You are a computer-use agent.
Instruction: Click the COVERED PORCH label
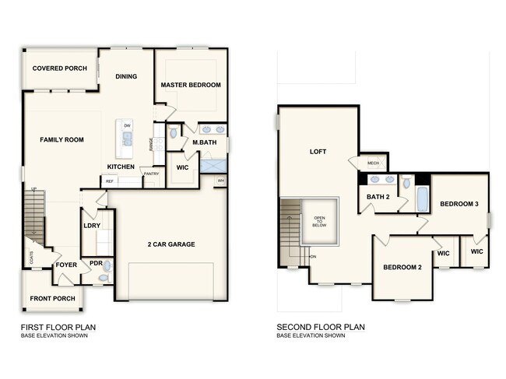(59, 68)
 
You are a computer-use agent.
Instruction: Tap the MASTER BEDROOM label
(191, 85)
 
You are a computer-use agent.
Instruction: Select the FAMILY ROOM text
(61, 139)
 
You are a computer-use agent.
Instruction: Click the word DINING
(126, 76)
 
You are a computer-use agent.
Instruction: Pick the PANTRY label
(151, 174)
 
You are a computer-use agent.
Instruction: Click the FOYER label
(66, 265)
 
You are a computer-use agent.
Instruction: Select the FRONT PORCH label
(52, 299)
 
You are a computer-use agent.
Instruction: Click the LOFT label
(317, 152)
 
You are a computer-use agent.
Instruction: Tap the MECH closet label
(373, 163)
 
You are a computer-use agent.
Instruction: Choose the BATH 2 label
(378, 197)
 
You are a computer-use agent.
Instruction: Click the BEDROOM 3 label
(459, 204)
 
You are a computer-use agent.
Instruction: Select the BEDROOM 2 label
(402, 268)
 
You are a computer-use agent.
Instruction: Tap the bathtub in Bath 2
(422, 199)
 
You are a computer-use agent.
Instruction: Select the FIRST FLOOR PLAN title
(58, 327)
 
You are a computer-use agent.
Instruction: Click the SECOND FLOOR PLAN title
(321, 327)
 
